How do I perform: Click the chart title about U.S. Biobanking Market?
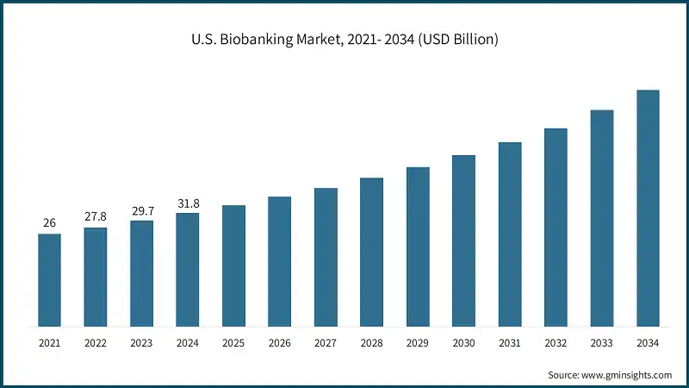tap(344, 40)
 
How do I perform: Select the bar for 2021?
tap(49, 280)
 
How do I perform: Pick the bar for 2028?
tap(371, 253)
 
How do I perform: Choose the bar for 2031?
tap(510, 235)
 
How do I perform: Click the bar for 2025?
tap(233, 266)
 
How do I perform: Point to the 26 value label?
tap(49, 223)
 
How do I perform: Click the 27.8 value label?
tap(96, 216)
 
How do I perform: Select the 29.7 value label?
tap(141, 210)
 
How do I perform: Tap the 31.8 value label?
tap(188, 203)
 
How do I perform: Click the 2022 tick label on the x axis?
tap(96, 343)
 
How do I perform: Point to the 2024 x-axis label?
tap(188, 343)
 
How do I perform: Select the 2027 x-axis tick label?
tap(326, 343)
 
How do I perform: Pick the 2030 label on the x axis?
tap(463, 343)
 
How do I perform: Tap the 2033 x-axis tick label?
tap(602, 343)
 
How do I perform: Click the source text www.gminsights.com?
tap(610, 375)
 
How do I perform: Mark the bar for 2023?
tap(141, 274)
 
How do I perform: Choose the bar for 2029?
tap(418, 247)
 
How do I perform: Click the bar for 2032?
tap(556, 228)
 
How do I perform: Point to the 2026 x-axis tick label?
tap(279, 343)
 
